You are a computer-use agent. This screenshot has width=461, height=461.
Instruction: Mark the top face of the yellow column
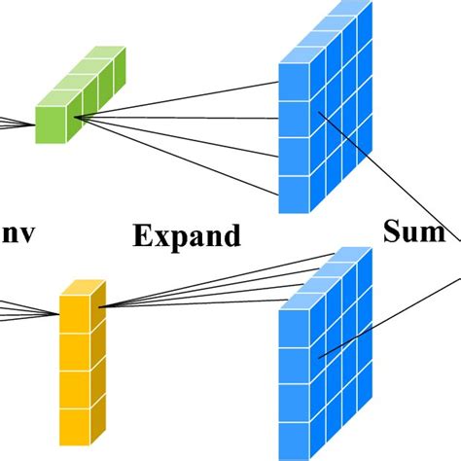(x=83, y=290)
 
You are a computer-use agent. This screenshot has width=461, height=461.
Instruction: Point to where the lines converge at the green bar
(x=74, y=119)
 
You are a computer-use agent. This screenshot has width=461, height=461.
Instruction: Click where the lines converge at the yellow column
(x=100, y=308)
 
